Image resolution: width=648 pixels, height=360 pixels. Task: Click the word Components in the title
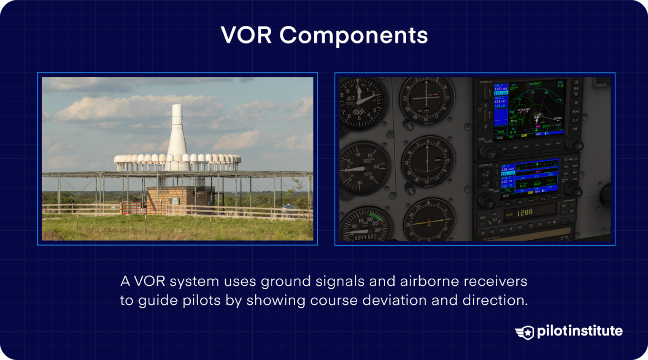[x=354, y=36]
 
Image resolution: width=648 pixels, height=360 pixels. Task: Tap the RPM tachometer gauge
[x=364, y=225]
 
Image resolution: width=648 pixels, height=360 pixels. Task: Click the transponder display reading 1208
[x=525, y=213]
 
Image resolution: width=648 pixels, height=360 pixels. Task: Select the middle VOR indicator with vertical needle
[x=428, y=161]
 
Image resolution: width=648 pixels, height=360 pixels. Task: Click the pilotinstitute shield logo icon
[x=525, y=332]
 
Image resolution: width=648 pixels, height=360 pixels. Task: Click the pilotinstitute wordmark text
[x=580, y=331]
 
